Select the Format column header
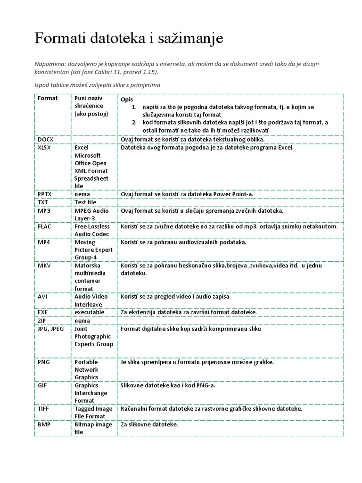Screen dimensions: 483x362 48,98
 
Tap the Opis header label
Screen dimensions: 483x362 127,100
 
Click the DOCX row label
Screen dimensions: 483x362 46,139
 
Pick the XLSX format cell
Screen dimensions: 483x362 45,148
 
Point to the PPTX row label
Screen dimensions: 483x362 45,194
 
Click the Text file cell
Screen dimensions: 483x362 85,202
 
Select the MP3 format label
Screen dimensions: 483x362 44,211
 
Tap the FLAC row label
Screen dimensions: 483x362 45,226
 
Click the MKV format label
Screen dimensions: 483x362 44,266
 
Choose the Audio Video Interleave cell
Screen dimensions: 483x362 91,300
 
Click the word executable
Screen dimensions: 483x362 90,312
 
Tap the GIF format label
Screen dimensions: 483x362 42,385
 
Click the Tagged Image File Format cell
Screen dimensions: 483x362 93,412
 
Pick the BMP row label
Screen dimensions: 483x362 44,425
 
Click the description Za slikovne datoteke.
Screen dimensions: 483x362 149,425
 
